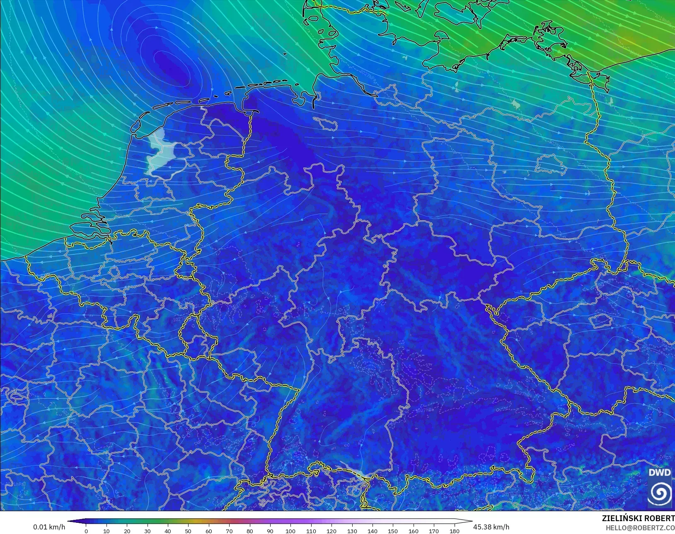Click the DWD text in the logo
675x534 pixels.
[659, 473]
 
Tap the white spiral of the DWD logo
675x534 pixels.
[660, 493]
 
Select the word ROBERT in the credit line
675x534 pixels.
[660, 519]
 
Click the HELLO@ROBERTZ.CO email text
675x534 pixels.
[640, 528]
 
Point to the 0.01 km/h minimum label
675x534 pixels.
[49, 527]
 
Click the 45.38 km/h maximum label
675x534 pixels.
[491, 527]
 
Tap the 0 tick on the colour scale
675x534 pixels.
[86, 531]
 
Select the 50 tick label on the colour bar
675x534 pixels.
[188, 531]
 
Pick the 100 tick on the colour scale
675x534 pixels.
[290, 531]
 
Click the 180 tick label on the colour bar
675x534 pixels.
[454, 531]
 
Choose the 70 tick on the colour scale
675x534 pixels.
[229, 531]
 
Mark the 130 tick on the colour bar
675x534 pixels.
[352, 531]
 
